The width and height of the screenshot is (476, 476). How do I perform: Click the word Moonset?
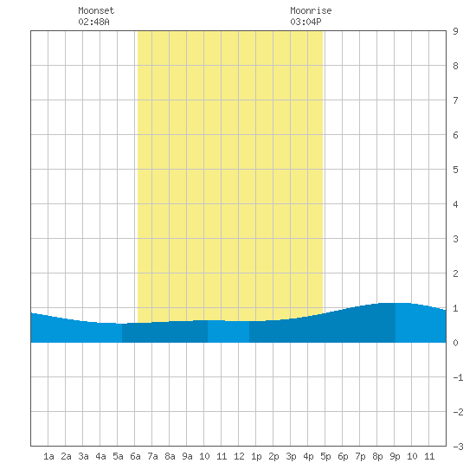(x=96, y=10)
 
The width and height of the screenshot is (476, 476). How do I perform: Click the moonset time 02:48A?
(x=93, y=22)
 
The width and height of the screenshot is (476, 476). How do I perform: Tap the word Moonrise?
(x=311, y=10)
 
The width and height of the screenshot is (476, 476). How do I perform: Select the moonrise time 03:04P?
(x=306, y=22)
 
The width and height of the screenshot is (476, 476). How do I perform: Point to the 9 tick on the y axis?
(x=455, y=31)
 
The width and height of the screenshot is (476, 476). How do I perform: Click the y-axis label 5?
(x=455, y=170)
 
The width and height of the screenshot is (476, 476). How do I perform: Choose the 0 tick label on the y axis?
(x=455, y=343)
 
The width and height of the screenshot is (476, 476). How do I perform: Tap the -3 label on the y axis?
(x=458, y=447)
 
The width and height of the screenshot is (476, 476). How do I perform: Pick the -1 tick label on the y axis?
(x=458, y=377)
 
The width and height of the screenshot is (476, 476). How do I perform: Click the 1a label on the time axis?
(x=48, y=456)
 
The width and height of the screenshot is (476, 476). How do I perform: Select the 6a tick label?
(x=135, y=456)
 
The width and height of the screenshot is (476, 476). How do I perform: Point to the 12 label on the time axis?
(x=239, y=456)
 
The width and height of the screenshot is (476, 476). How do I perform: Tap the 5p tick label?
(x=325, y=456)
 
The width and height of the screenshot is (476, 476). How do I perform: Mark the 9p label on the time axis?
(x=395, y=456)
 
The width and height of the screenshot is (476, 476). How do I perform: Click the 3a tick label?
(x=83, y=456)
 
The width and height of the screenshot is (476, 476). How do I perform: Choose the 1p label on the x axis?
(x=256, y=456)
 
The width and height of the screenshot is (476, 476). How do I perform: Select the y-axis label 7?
(x=455, y=100)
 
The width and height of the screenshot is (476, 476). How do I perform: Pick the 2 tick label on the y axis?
(x=455, y=273)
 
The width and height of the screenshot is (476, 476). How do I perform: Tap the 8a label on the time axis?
(x=170, y=456)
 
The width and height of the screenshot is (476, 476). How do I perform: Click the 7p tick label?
(x=360, y=456)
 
